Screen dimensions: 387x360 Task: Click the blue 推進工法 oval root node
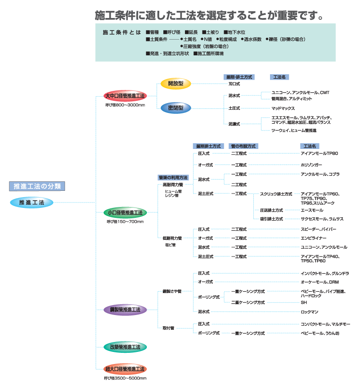(31, 203)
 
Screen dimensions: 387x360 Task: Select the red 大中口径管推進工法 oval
(125, 96)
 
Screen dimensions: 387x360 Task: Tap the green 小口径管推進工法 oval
(125, 212)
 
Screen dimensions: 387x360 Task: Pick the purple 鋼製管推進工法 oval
(125, 310)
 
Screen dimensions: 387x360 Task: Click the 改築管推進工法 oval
(125, 347)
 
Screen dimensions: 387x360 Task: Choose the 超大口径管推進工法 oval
(125, 369)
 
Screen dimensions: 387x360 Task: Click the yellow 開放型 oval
(176, 83)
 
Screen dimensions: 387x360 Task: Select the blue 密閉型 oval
(176, 108)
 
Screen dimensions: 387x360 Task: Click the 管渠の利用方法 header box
(173, 178)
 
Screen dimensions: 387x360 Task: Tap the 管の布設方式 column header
(243, 146)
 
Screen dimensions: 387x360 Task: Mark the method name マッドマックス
(283, 108)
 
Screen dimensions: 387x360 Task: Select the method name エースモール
(311, 210)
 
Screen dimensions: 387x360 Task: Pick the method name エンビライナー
(313, 238)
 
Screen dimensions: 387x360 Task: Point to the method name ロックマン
(310, 311)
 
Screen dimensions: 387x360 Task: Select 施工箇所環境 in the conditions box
(210, 54)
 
